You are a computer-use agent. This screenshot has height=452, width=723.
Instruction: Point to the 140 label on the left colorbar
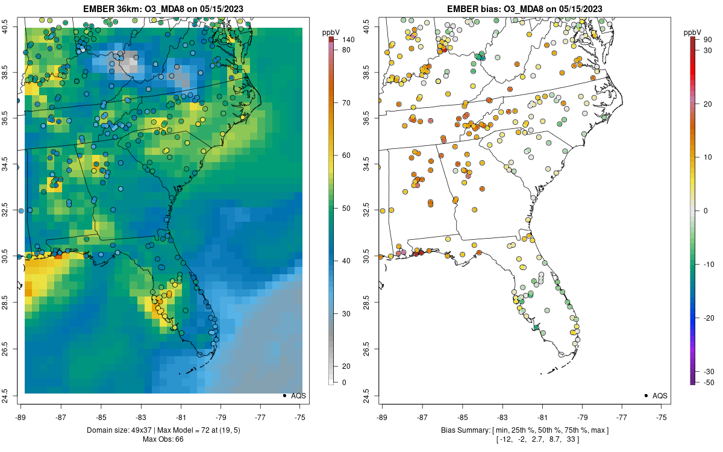(348, 40)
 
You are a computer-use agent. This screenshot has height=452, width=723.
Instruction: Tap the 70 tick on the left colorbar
(346, 103)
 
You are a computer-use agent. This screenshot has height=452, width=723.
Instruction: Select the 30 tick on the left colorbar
(346, 314)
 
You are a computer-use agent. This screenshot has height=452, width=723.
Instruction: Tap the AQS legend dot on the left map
(284, 396)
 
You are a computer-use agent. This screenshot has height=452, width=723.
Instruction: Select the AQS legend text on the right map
(660, 396)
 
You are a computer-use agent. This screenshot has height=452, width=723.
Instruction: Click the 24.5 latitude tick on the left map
(11, 396)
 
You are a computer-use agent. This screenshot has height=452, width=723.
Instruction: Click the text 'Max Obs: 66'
(163, 439)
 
